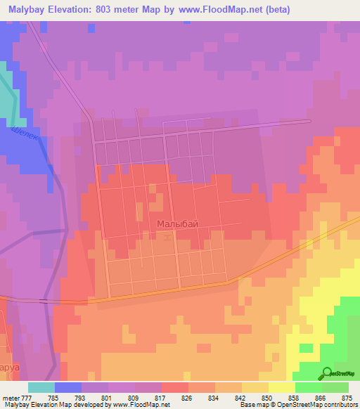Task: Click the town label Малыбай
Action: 173,223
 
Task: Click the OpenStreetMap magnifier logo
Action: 328,373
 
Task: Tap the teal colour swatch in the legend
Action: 41,387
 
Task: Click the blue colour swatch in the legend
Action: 68,387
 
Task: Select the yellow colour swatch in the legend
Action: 281,387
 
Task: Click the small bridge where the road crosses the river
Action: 45,301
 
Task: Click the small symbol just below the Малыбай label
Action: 167,238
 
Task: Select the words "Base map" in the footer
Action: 250,405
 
